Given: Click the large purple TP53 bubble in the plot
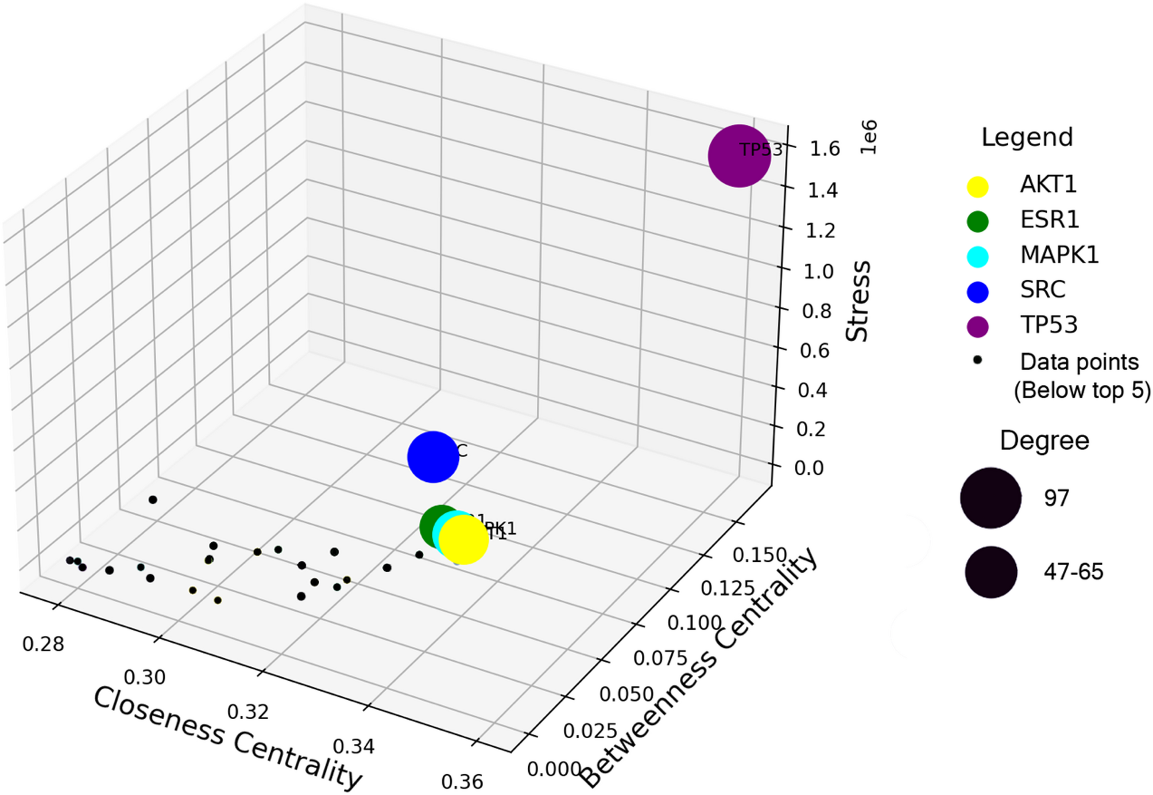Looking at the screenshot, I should coord(739,156).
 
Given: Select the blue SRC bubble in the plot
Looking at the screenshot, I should coord(432,457).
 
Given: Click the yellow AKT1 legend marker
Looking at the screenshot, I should coord(977,187).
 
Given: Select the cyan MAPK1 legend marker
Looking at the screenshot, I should coord(977,257).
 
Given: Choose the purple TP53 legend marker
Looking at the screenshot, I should coord(977,326).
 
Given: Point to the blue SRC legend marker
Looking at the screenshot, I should coord(977,292).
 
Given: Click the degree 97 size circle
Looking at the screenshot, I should coord(991,498).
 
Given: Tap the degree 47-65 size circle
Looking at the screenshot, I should coord(991,572).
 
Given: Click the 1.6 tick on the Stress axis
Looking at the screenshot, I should coord(825,149).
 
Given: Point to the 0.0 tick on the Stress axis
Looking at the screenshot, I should coord(808,468).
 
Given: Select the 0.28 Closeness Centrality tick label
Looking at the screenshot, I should coord(43,645).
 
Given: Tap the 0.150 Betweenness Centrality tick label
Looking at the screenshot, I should coord(760,555).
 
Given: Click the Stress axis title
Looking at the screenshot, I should coord(858,302).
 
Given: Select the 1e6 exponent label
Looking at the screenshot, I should coord(868,137).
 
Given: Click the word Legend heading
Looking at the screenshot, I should coord(1027,137).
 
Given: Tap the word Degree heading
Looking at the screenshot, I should coord(1044,441).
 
